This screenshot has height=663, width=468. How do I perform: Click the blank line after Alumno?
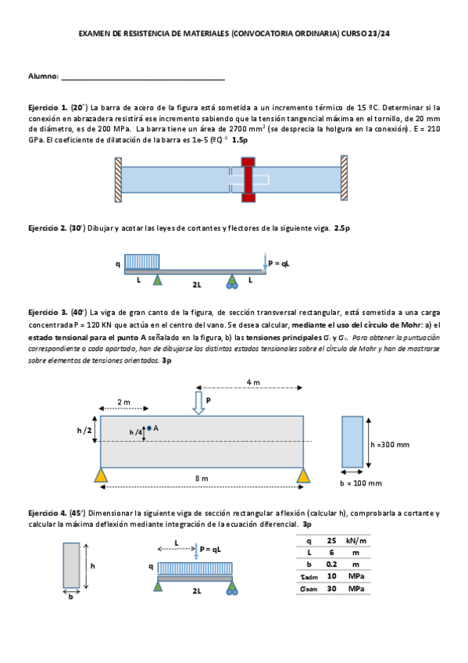tap(143, 79)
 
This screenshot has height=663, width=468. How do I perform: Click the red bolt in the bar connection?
tap(248, 180)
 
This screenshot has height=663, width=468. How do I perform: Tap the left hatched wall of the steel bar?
tap(118, 180)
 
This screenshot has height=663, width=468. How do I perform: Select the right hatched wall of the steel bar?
tap(345, 178)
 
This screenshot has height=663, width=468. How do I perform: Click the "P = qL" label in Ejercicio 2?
tap(279, 263)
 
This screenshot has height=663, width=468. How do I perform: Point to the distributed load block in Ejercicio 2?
tap(142, 262)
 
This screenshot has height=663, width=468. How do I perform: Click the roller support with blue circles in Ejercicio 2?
tap(232, 281)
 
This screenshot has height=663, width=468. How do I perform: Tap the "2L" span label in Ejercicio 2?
tap(197, 285)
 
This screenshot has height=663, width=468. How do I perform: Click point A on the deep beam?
tap(149, 428)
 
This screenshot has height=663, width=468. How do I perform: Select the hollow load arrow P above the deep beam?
tap(198, 403)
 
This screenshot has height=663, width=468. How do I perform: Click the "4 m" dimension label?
tap(253, 382)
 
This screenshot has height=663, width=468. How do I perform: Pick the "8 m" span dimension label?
tap(202, 478)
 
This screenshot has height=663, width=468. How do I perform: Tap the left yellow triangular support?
tap(101, 475)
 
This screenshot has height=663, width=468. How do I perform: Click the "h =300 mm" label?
tap(390, 444)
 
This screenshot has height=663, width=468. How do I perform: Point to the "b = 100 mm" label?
tap(361, 483)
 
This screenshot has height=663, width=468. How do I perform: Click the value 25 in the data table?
tap(331, 540)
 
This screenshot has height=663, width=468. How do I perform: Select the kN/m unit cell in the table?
tap(356, 540)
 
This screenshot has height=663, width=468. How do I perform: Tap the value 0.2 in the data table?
tap(331, 564)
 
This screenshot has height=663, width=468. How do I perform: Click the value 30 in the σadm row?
tap(331, 588)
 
